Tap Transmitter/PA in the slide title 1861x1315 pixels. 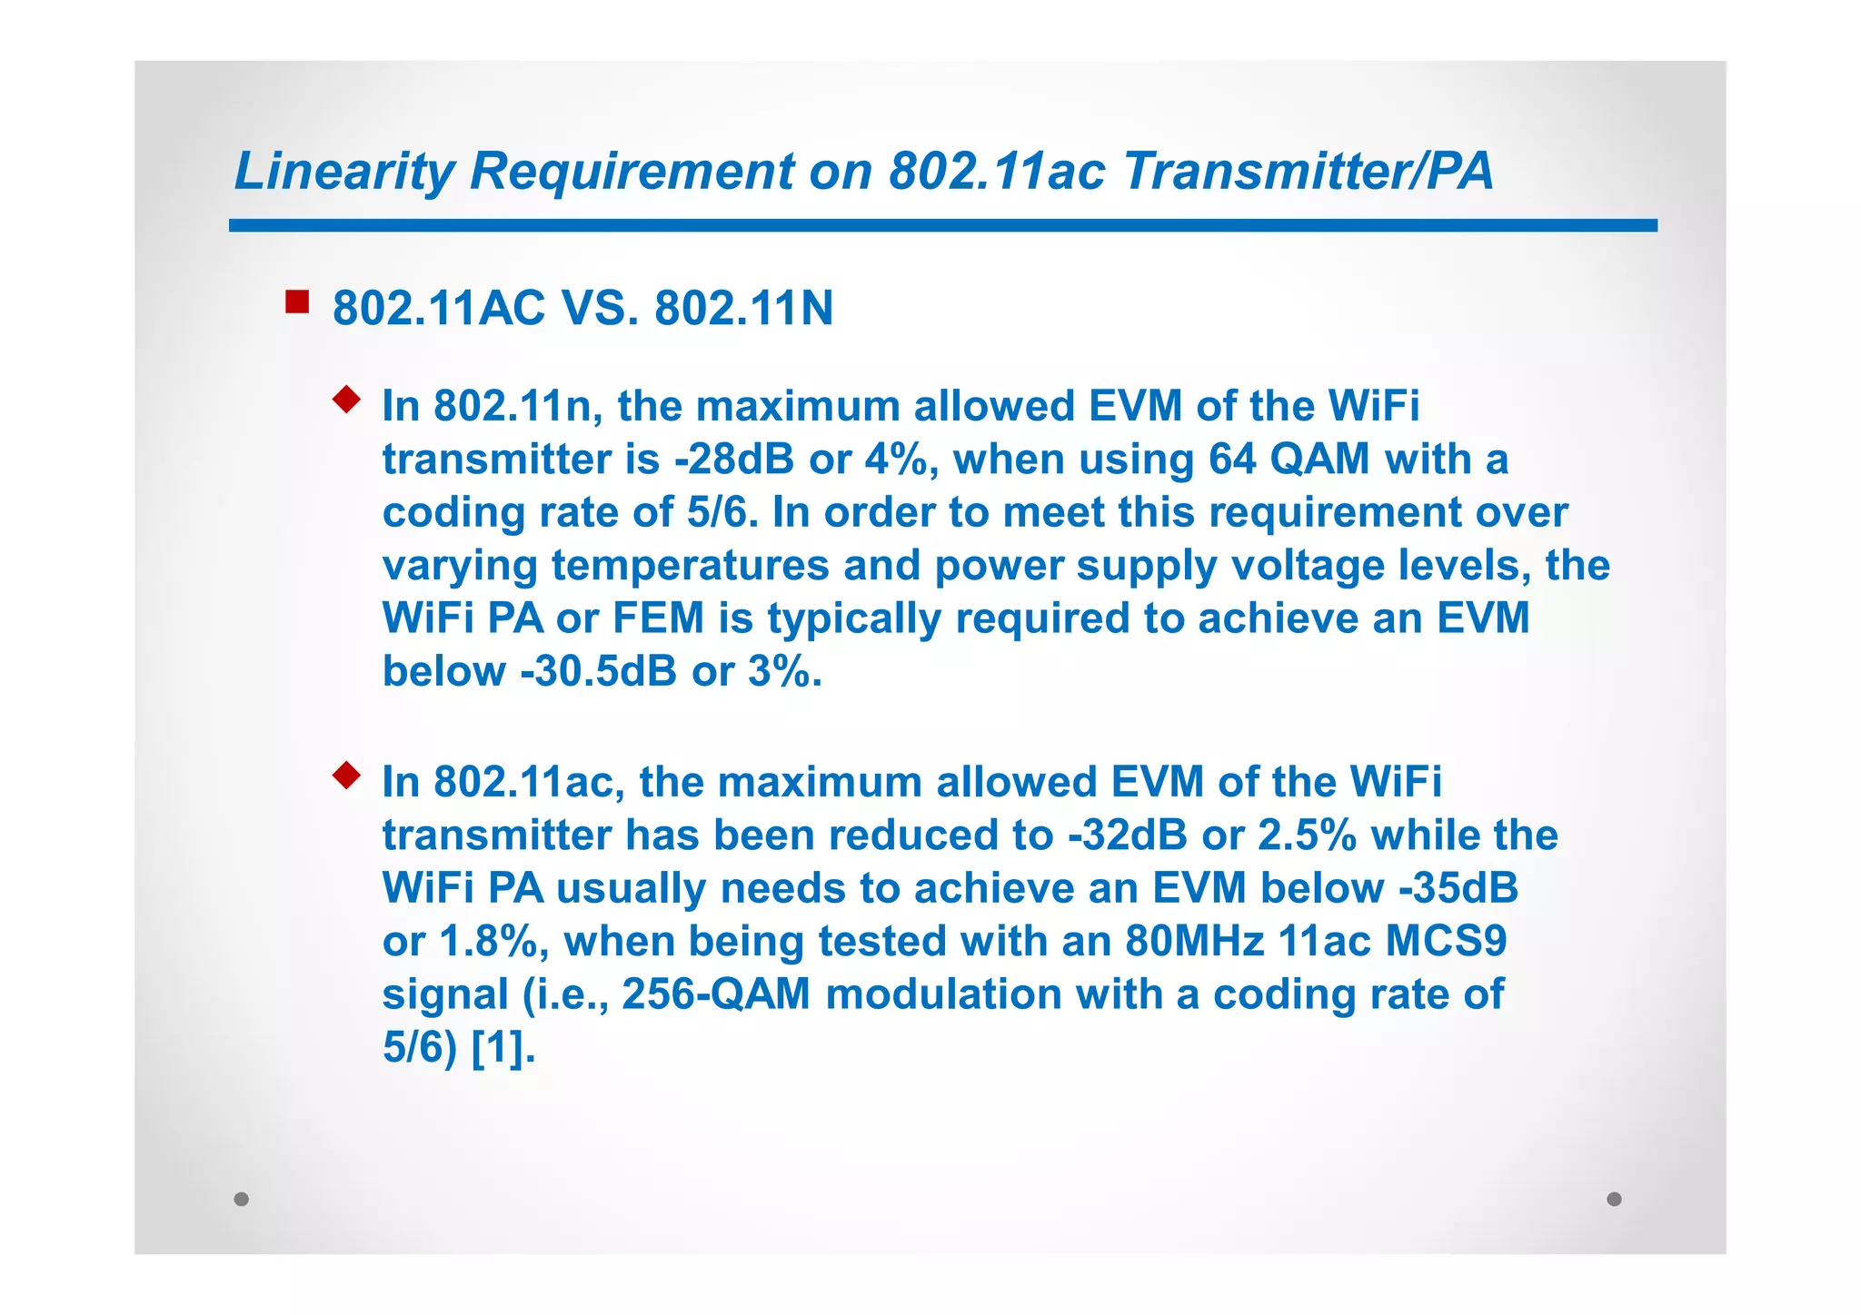click(1308, 171)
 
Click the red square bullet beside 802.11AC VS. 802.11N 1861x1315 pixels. click(297, 302)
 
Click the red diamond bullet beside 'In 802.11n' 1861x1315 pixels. click(346, 399)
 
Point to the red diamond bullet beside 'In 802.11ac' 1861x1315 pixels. click(346, 775)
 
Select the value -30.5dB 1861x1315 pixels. click(598, 672)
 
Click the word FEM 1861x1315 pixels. click(659, 618)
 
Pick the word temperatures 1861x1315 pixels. click(691, 566)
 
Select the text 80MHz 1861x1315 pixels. click(1194, 942)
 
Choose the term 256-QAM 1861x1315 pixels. click(716, 994)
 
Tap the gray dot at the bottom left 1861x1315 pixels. click(241, 1199)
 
